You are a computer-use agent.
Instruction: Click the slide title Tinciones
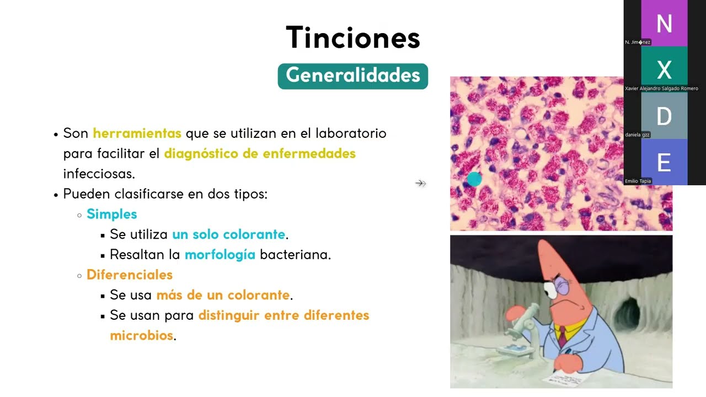[353, 37]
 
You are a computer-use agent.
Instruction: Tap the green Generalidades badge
[353, 76]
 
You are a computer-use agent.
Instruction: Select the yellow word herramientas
[137, 133]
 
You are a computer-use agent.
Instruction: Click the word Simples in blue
[111, 214]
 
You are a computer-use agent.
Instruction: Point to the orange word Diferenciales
[130, 275]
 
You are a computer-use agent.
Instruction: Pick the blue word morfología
[220, 255]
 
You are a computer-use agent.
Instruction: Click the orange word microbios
[141, 335]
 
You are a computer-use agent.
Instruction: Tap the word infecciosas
[99, 174]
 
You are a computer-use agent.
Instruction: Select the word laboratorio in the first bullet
[351, 133]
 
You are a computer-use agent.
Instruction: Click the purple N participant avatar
[664, 24]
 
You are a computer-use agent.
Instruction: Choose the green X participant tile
[664, 70]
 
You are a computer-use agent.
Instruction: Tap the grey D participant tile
[664, 116]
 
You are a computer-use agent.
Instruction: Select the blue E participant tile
[664, 163]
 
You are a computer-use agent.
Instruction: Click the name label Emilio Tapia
[638, 181]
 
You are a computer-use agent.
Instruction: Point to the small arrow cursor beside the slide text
[420, 183]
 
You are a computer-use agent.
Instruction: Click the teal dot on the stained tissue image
[474, 179]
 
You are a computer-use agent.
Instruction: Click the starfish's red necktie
[561, 334]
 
